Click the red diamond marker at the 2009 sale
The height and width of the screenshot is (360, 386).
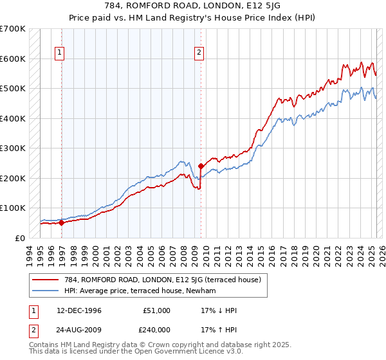click(201, 166)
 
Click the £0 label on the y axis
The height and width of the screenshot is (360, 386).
click(19, 238)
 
